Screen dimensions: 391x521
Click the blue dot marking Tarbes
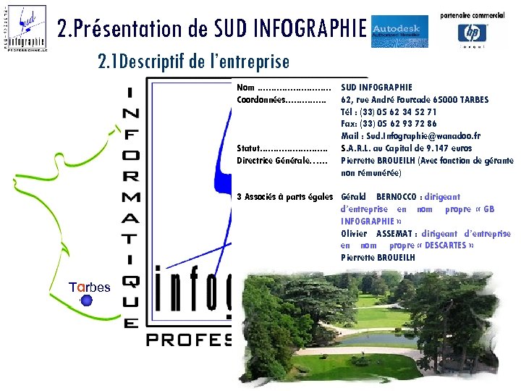(87, 300)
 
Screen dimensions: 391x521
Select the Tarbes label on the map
(90, 287)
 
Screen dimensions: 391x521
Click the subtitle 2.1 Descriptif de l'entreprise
(193, 62)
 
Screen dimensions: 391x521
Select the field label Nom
(245, 88)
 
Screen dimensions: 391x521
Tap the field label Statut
(249, 148)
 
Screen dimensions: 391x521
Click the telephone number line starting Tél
(388, 112)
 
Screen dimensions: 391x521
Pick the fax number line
(388, 124)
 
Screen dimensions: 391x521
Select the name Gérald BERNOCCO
(389, 197)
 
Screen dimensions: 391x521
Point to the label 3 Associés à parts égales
(284, 197)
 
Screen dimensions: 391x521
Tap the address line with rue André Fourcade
(415, 99)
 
